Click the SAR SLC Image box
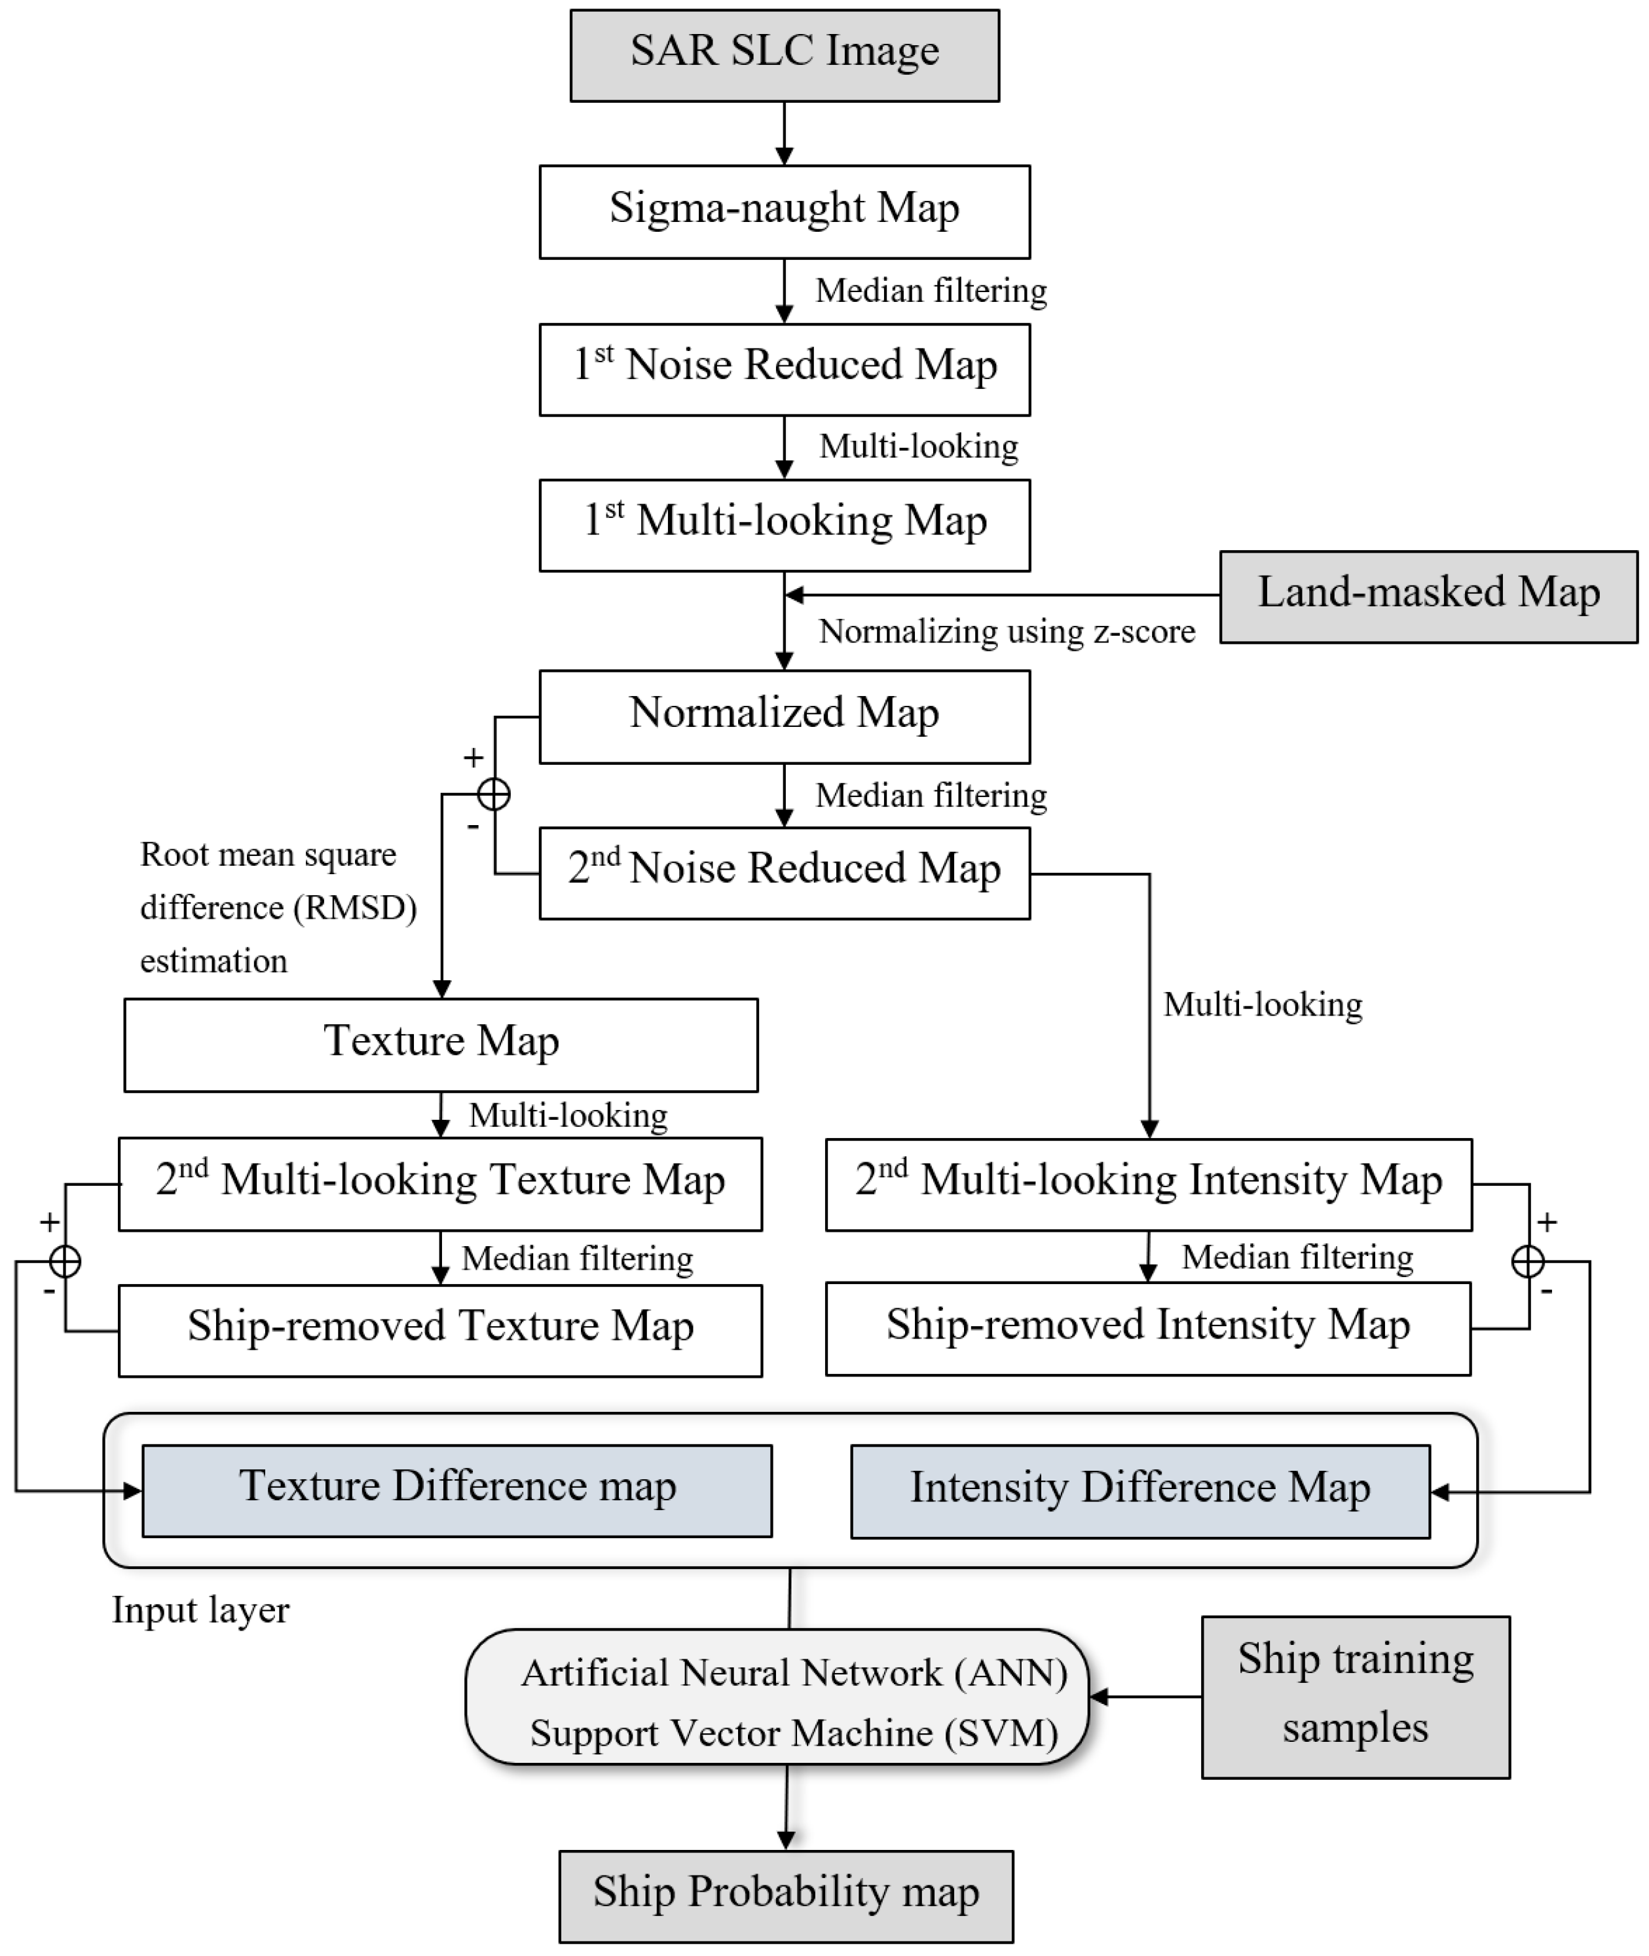(785, 55)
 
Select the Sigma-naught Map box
(785, 212)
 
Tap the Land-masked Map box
(1428, 597)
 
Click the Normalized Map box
(785, 716)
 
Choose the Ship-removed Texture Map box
(440, 1330)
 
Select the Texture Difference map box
(456, 1490)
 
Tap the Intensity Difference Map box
(1139, 1492)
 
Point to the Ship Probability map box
(785, 1896)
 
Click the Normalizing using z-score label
(1007, 632)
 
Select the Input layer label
(200, 1610)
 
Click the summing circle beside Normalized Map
(494, 794)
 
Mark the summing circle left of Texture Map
(64, 1262)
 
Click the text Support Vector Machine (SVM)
(794, 1733)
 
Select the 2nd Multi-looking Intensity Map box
(1148, 1183)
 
